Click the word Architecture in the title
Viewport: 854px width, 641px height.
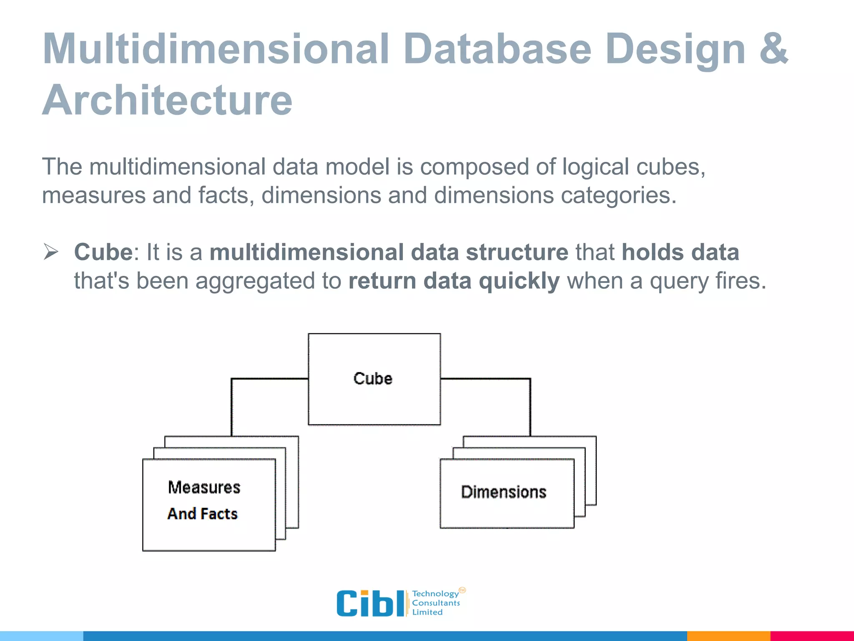click(167, 100)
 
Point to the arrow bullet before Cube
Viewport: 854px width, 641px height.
click(51, 252)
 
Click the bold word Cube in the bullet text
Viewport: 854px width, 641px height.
click(103, 252)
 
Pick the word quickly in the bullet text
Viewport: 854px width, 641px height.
click(519, 280)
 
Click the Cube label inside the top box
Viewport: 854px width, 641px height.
click(373, 379)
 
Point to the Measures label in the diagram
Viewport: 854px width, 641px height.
click(204, 487)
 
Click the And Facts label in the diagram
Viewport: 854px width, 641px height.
click(203, 514)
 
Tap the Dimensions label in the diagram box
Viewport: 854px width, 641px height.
click(503, 492)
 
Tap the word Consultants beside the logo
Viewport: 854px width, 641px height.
click(436, 603)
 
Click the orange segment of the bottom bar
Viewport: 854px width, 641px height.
click(728, 636)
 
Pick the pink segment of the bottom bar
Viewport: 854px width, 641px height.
click(811, 636)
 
